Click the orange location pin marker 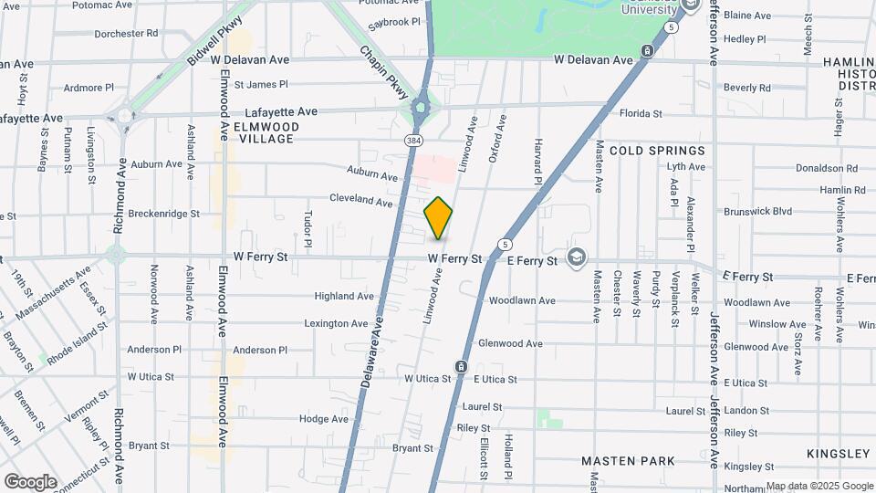[438, 218]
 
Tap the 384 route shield [414, 140]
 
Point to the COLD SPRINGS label [657, 151]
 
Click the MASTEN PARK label [628, 461]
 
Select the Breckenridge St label [163, 214]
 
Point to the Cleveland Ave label [360, 199]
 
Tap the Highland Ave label [344, 296]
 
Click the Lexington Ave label [336, 323]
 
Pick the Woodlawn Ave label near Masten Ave [522, 300]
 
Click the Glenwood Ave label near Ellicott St [510, 343]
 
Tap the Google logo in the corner [30, 481]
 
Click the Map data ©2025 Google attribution [819, 487]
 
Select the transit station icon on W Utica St [462, 367]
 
